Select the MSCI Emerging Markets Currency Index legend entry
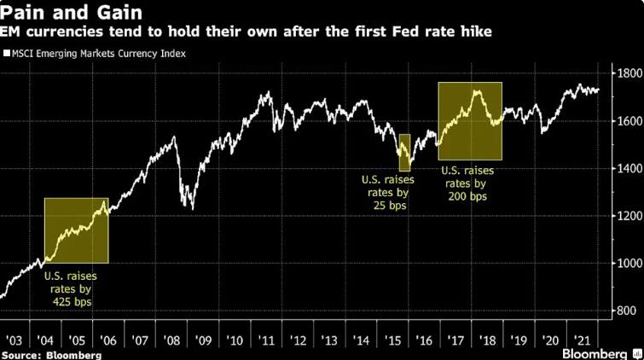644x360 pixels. pos(99,54)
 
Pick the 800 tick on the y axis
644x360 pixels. pos(627,311)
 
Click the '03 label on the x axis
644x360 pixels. pos(15,338)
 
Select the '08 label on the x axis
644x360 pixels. pos(172,338)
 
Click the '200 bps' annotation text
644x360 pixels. pos(468,197)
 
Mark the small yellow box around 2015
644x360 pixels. pos(404,153)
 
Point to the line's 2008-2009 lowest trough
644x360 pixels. pos(193,208)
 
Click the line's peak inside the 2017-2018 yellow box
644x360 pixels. pos(475,90)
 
